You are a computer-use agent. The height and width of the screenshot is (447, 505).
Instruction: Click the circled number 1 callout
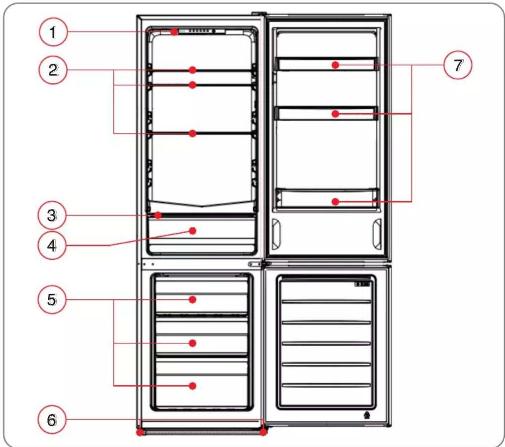pos(53,32)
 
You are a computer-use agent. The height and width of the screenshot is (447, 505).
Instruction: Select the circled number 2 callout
pos(53,70)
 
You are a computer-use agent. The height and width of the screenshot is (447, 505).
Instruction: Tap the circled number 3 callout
pos(52,215)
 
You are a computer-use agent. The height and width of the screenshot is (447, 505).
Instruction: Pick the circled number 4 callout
pos(52,246)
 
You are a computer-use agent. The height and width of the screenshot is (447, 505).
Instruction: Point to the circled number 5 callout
pos(52,299)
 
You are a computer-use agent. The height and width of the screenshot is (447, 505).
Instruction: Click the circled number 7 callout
pos(458,65)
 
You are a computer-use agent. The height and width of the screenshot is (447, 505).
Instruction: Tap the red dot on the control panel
pos(175,32)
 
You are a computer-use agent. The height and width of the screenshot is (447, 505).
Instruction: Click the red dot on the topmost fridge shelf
pos(193,70)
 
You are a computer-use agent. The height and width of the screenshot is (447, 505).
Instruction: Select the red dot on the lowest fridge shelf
pos(193,133)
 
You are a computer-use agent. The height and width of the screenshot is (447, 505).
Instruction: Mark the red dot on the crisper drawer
pos(193,231)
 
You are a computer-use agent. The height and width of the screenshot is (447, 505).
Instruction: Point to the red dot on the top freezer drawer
pos(193,299)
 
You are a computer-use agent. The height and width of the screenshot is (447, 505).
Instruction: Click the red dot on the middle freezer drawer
pos(193,343)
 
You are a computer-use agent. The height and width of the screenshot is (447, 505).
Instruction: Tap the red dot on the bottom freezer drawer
pos(193,386)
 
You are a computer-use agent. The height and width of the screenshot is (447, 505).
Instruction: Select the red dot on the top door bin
pos(336,65)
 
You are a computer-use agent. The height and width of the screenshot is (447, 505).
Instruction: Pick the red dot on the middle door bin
pos(336,114)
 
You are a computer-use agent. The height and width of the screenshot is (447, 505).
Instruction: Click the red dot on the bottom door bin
pos(336,201)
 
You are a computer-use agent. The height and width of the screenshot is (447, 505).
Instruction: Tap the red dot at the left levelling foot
pos(140,432)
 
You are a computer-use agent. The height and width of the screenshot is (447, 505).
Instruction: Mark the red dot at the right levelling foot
pos(263,432)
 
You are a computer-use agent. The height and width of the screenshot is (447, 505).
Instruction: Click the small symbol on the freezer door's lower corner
pos(367,415)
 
